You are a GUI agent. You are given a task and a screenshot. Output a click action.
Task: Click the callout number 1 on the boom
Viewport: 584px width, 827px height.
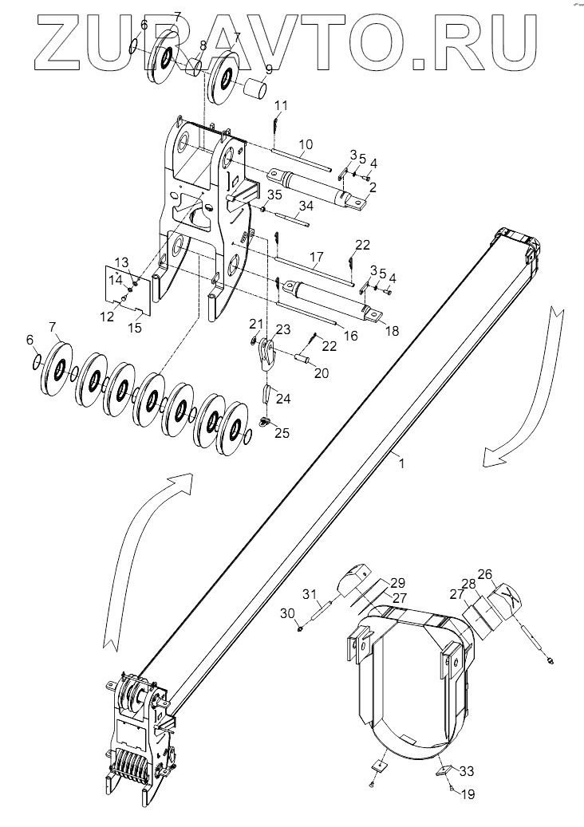point(402,463)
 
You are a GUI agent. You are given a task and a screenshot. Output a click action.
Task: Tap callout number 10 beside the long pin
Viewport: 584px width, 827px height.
point(306,144)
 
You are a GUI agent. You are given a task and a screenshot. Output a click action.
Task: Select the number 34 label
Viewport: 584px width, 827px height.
point(306,207)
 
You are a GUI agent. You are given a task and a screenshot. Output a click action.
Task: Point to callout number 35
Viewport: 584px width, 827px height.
point(274,195)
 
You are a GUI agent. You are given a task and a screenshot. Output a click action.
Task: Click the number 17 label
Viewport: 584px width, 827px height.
point(316,258)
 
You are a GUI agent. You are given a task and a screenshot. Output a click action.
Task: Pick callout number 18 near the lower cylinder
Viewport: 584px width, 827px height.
point(392,331)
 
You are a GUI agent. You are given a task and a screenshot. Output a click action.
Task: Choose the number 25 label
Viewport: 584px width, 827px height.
point(282,433)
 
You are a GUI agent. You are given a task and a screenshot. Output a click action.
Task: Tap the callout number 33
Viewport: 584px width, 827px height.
point(467,771)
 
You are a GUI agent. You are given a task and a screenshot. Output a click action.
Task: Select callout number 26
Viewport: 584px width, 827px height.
point(485,573)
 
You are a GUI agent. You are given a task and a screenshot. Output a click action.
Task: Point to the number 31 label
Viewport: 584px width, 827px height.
point(310,594)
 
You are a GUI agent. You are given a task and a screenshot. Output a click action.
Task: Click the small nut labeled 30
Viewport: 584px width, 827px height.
point(300,628)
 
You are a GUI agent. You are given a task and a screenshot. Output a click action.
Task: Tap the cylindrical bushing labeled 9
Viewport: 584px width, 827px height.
point(255,91)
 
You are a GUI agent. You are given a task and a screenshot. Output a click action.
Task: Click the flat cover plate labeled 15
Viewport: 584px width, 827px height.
point(127,289)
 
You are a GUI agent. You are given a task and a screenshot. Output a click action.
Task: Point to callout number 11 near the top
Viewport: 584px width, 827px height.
point(281,105)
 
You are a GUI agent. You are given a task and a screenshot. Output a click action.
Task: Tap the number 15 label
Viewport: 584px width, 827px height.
point(135,328)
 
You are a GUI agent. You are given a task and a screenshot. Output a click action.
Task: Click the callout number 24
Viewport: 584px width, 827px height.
point(283,399)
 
